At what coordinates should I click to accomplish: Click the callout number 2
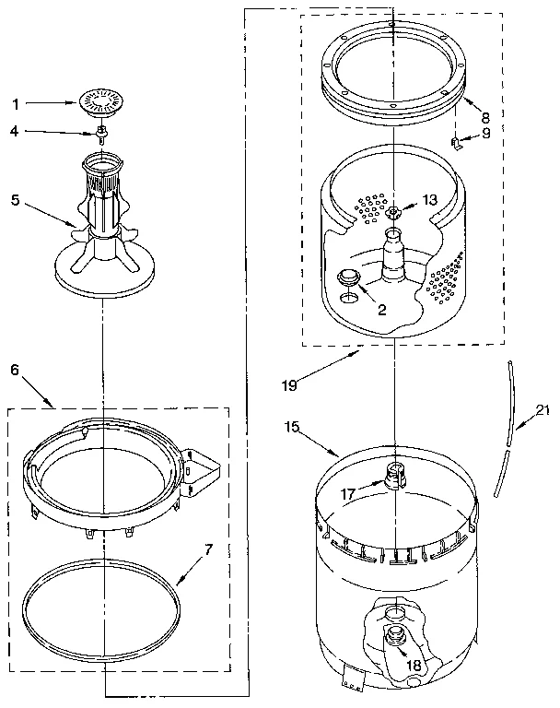point(380,311)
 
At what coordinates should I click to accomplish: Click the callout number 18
point(414,665)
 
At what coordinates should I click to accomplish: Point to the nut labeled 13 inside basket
point(393,214)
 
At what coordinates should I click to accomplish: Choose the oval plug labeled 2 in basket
point(350,277)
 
